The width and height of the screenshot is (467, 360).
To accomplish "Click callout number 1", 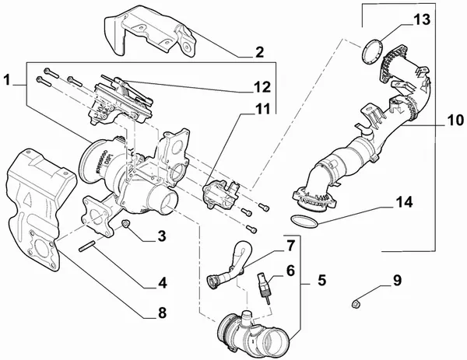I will tap(9, 79).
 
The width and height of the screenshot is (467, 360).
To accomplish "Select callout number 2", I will tap(259, 54).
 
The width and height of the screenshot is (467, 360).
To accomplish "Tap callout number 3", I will tap(161, 236).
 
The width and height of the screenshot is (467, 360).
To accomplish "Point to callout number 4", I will tap(161, 282).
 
